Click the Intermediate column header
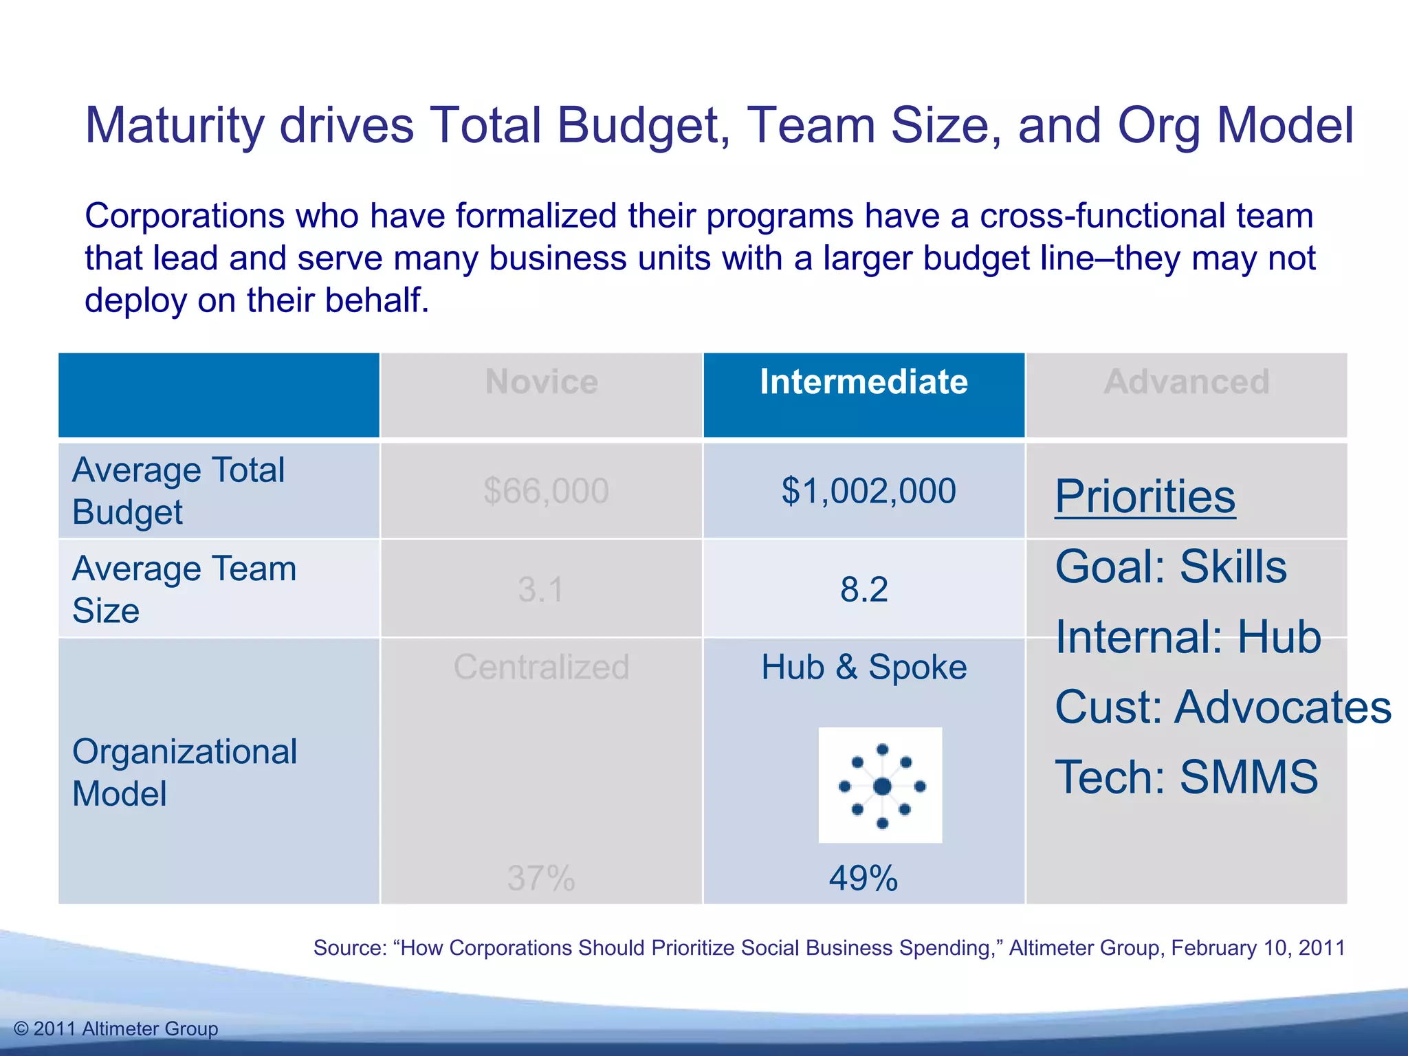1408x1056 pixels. (863, 382)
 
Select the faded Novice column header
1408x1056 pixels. (541, 382)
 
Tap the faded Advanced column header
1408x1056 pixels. (1186, 382)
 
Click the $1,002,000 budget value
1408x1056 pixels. (868, 491)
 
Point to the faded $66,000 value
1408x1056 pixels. (546, 491)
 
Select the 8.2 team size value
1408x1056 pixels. (864, 590)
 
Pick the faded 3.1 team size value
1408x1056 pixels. (541, 590)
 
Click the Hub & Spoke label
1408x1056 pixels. (864, 667)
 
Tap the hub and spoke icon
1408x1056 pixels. (881, 785)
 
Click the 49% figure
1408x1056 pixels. (863, 879)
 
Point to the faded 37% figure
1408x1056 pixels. (541, 879)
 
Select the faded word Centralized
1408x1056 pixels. (541, 667)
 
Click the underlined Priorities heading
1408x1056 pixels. (1145, 496)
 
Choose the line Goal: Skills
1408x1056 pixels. (1170, 567)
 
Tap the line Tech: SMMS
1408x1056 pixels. (1186, 778)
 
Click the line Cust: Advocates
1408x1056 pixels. (1222, 707)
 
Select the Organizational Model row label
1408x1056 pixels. (184, 772)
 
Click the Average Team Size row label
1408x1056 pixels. (184, 589)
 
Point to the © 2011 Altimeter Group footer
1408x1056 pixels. (116, 1029)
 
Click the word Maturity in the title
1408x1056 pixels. (175, 126)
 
